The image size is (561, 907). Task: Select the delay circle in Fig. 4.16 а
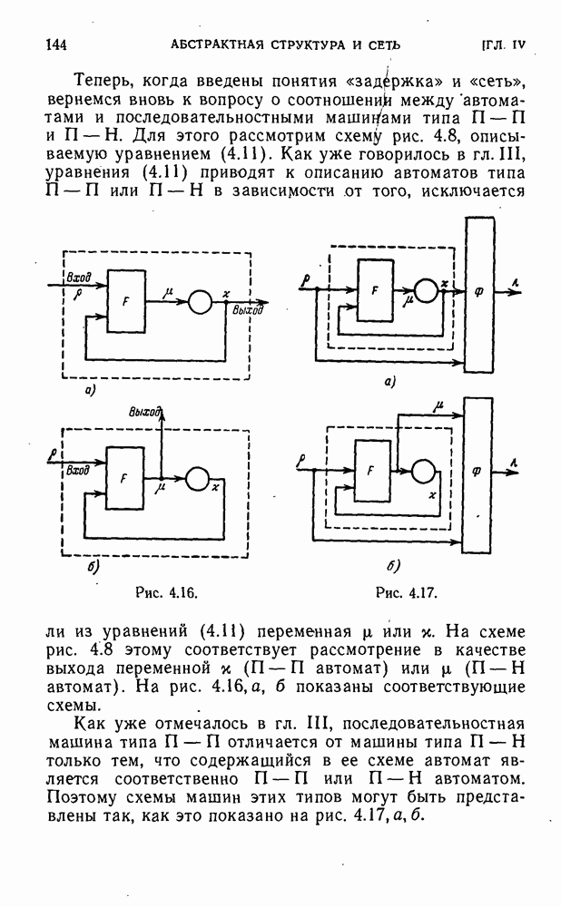pyautogui.click(x=201, y=302)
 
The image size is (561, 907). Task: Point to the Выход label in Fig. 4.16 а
pyautogui.click(x=247, y=312)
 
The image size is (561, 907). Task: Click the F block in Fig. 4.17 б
pyautogui.click(x=370, y=470)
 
